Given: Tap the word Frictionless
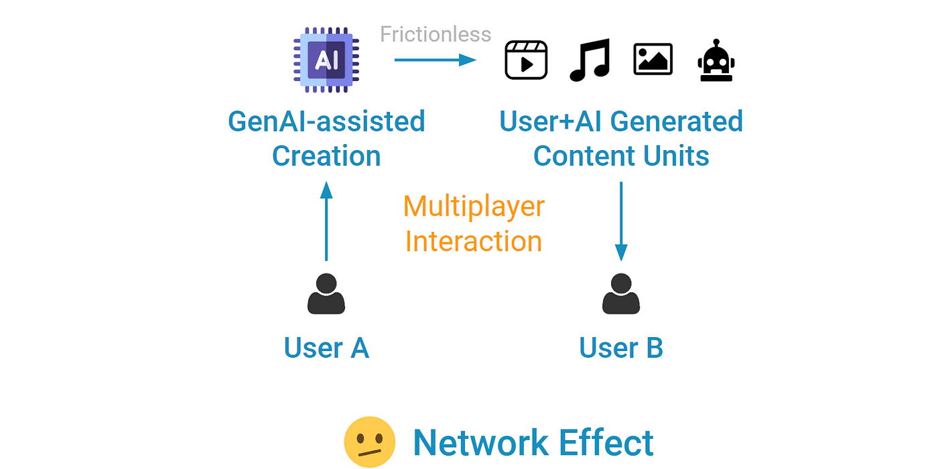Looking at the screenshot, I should [435, 34].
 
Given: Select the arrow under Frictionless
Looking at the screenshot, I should [435, 60].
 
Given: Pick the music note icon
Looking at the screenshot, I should [590, 60].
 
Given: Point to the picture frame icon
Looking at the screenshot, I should [653, 60].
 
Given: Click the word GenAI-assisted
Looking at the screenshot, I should [326, 122].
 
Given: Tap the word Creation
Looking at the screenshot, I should [326, 156].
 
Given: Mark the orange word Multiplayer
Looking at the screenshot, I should [474, 206].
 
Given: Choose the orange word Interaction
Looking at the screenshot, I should [474, 241].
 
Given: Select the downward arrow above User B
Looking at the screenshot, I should [621, 222].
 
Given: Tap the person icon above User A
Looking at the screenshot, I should [326, 294].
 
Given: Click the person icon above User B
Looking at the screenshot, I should [621, 294].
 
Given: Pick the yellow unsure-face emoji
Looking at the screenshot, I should [369, 443].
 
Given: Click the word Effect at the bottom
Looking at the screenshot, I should [600, 443].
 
